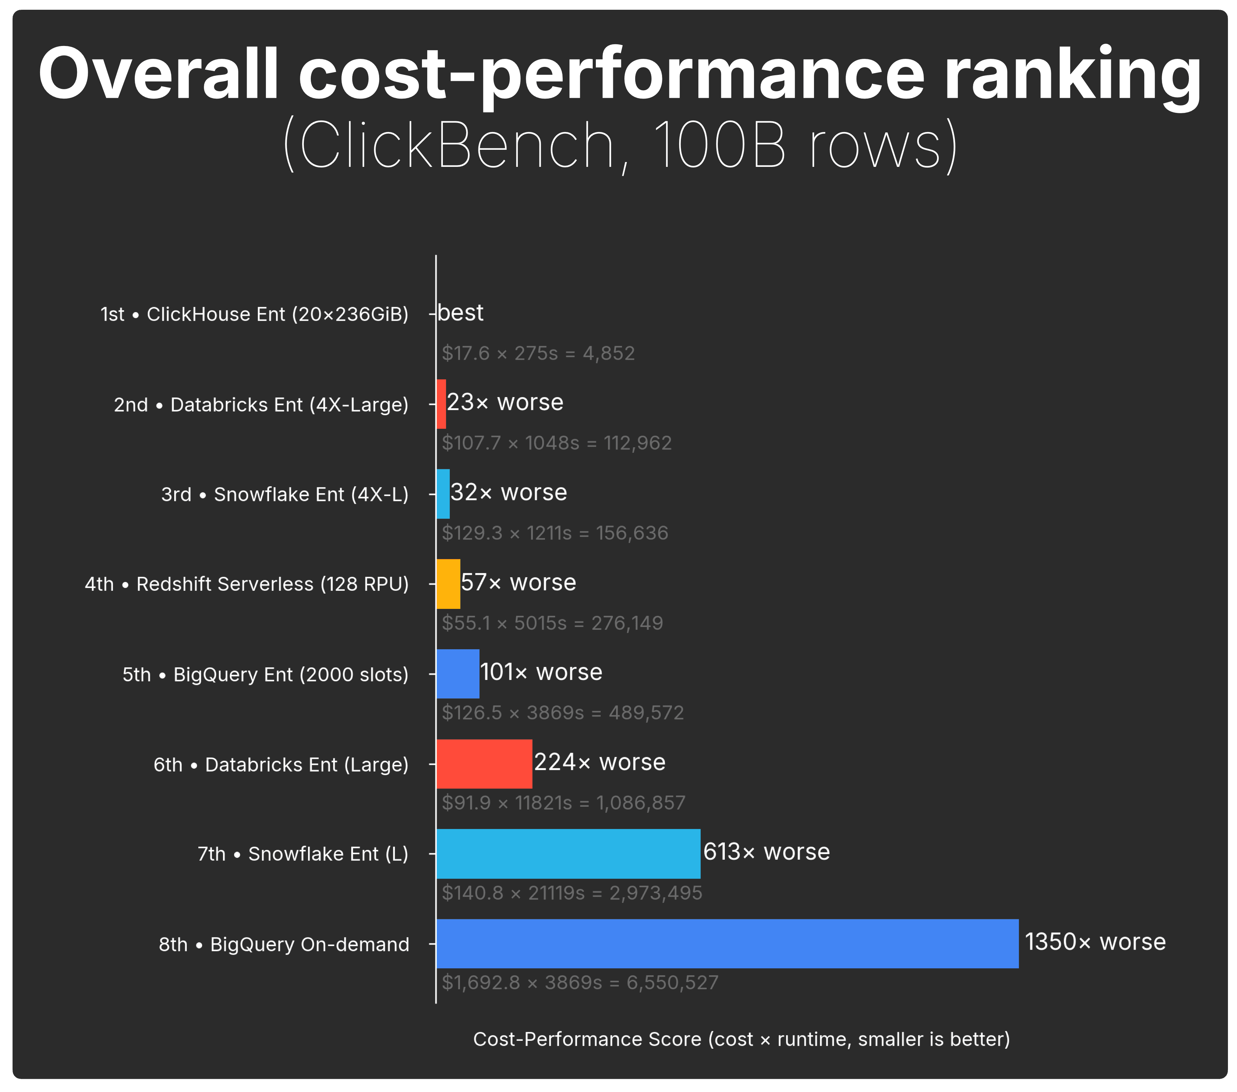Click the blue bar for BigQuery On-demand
tap(726, 943)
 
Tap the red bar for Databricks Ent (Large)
tap(484, 764)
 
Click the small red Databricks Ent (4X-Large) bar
tap(441, 404)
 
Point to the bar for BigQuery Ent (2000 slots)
tap(458, 673)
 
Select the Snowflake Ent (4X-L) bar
tap(443, 494)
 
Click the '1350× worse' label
tap(1095, 942)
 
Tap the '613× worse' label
tap(766, 852)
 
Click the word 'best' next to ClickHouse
tap(461, 313)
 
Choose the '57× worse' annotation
tap(518, 582)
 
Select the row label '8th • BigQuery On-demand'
tap(284, 944)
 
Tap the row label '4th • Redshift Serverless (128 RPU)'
tap(246, 584)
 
